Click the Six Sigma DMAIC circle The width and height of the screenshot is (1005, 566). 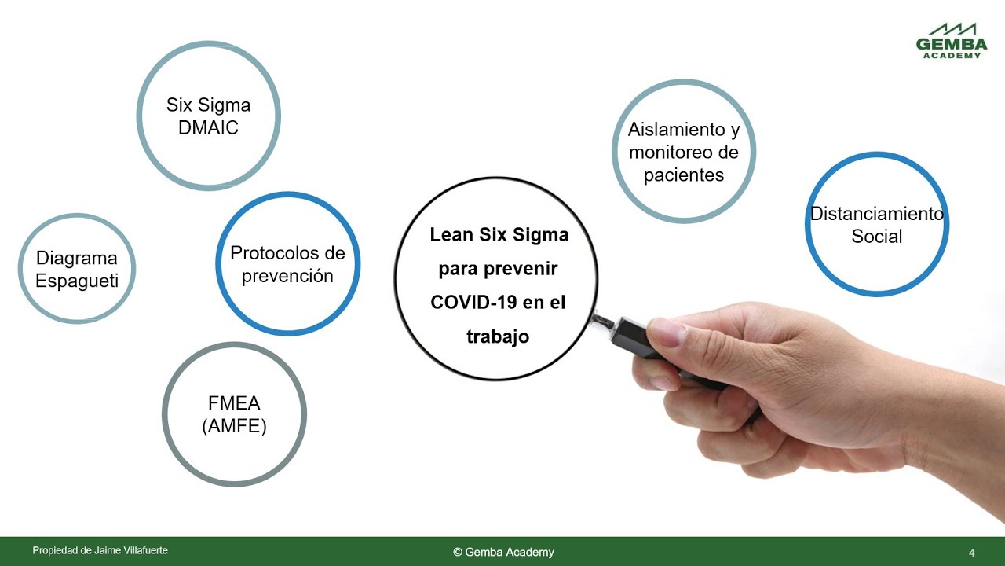208,116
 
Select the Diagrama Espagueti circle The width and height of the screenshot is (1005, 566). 77,269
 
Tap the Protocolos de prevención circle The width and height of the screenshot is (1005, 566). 287,264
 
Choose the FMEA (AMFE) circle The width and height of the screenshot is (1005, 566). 234,414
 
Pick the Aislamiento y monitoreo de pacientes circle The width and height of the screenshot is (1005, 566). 683,152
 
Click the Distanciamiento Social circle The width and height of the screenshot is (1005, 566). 877,224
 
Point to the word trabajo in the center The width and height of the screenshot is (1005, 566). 498,336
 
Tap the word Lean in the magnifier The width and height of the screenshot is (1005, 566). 451,234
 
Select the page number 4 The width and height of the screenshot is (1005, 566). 971,553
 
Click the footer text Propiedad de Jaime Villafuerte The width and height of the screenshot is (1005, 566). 100,551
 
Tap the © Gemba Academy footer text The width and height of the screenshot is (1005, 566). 503,552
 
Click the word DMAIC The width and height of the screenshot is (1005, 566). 208,128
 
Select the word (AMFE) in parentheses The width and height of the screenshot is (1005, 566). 234,426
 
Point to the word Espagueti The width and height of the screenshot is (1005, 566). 77,281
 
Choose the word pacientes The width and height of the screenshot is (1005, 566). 683,175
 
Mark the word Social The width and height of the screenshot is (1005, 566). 877,236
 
